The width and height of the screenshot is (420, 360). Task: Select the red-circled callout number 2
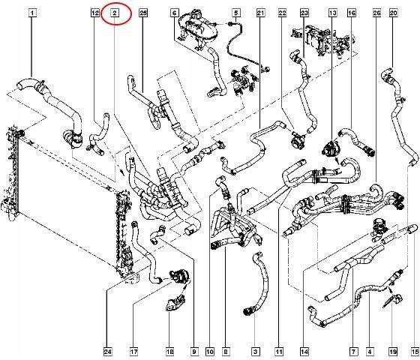pos(115,13)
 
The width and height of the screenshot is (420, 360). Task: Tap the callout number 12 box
pos(94,13)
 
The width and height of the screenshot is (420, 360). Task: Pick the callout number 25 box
pos(143,13)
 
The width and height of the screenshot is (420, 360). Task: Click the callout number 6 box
pos(175,13)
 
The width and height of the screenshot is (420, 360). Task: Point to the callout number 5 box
pos(235,13)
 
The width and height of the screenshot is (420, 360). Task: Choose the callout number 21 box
pos(261,13)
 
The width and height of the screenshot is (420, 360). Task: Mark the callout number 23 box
pos(304,13)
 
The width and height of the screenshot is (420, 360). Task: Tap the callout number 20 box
pos(393,13)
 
